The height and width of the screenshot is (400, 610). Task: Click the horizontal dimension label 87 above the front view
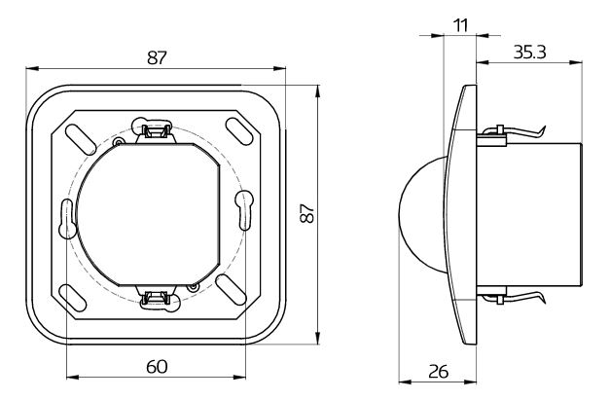click(157, 57)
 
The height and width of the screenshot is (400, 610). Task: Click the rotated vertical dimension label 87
click(306, 213)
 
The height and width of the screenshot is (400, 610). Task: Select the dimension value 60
click(157, 367)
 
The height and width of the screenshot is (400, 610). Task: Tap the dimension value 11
click(461, 25)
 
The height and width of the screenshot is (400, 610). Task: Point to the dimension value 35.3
click(529, 53)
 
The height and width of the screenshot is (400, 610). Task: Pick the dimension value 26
click(439, 372)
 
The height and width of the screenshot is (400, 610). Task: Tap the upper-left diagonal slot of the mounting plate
click(81, 139)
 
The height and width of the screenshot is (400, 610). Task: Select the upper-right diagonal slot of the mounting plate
click(239, 131)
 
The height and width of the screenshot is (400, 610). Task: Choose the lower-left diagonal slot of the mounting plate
click(72, 298)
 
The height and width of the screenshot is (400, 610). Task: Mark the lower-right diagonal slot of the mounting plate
click(232, 290)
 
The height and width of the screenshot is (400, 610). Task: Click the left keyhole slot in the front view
click(67, 219)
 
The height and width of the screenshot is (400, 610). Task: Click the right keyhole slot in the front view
click(244, 210)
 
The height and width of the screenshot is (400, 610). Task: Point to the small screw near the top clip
click(118, 142)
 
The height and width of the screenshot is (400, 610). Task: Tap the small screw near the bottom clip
click(193, 287)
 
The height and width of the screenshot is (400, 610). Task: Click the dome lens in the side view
click(422, 214)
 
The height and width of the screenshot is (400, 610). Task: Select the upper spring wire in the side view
click(514, 132)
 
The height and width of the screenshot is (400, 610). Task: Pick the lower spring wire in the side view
click(514, 297)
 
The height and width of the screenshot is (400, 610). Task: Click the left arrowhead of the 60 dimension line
click(73, 377)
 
